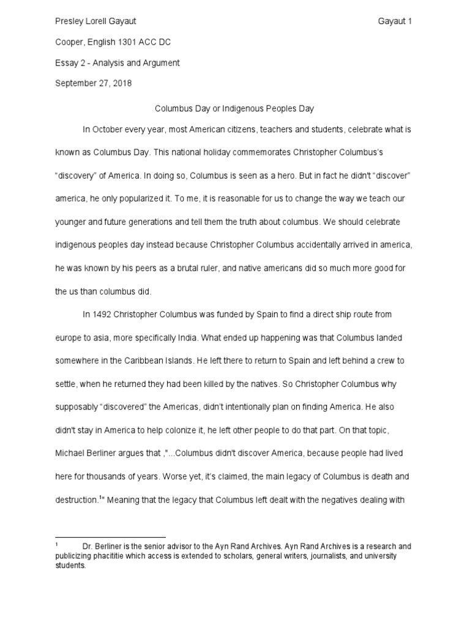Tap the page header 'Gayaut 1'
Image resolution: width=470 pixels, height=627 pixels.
(x=395, y=21)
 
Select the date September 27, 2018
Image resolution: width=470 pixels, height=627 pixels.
(x=93, y=83)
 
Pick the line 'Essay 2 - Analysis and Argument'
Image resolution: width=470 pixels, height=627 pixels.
(x=117, y=63)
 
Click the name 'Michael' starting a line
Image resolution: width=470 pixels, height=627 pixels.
(x=70, y=453)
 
